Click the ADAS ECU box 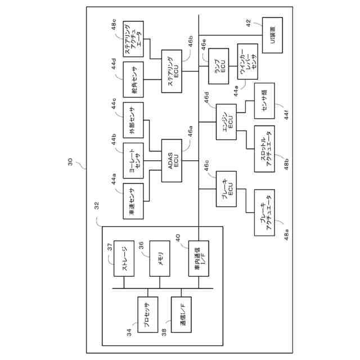[x=172, y=161]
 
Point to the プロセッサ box [x=148, y=314]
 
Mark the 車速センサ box [x=132, y=200]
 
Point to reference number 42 [x=249, y=22]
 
